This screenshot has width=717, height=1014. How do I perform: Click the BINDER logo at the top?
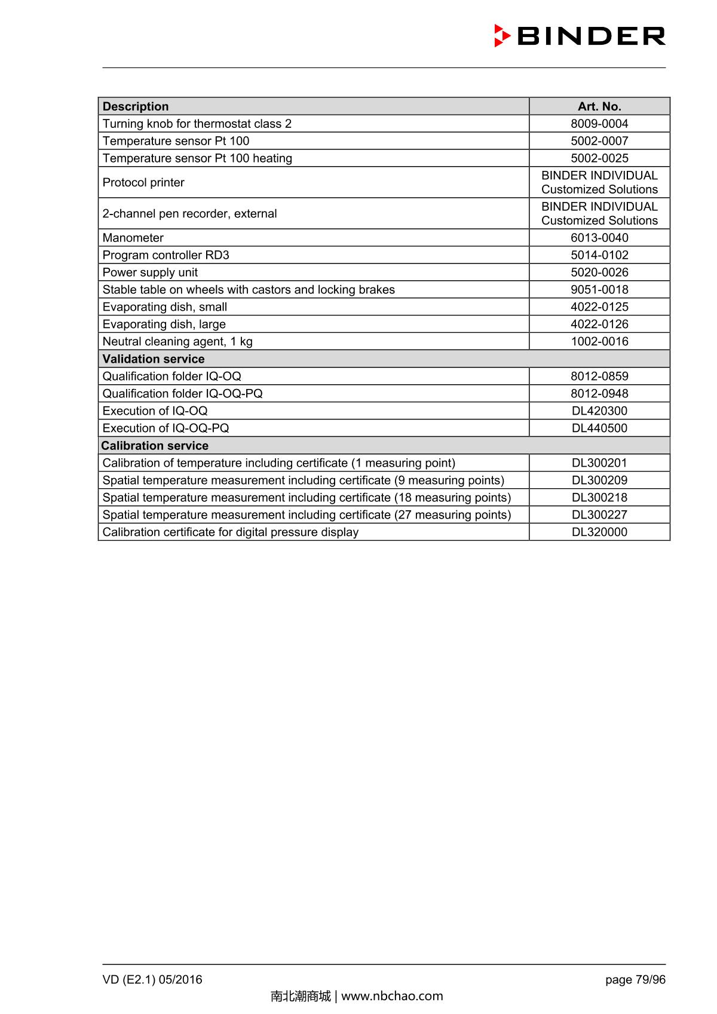pyautogui.click(x=580, y=36)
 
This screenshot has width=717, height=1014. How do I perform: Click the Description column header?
pyautogui.click(x=136, y=106)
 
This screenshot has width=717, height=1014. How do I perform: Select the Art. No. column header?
pyautogui.click(x=599, y=106)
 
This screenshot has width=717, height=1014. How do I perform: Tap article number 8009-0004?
pyautogui.click(x=599, y=124)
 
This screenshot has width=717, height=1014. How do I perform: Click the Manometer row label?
pyautogui.click(x=133, y=238)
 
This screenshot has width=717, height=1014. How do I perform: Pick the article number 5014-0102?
pyautogui.click(x=599, y=255)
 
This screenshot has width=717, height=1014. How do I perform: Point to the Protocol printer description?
pyautogui.click(x=143, y=183)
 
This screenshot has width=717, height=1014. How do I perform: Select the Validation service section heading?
pyautogui.click(x=154, y=359)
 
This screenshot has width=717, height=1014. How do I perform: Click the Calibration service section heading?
pyautogui.click(x=155, y=446)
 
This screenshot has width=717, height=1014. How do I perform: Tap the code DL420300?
pyautogui.click(x=599, y=411)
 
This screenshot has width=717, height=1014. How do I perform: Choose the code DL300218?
pyautogui.click(x=599, y=498)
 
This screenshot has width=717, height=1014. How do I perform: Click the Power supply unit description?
pyautogui.click(x=150, y=272)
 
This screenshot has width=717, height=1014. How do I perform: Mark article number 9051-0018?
pyautogui.click(x=599, y=290)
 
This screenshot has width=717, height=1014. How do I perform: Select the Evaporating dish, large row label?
pyautogui.click(x=164, y=324)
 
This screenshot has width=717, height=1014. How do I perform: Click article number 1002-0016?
pyautogui.click(x=599, y=342)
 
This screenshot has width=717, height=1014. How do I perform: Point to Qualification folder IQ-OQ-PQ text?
pyautogui.click(x=182, y=394)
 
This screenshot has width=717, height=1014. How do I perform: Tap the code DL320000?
pyautogui.click(x=599, y=532)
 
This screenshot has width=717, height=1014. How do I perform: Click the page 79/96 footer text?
pyautogui.click(x=635, y=979)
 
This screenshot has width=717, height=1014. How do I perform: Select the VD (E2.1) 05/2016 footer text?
pyautogui.click(x=152, y=979)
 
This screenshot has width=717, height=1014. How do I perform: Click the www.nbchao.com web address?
pyautogui.click(x=392, y=996)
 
